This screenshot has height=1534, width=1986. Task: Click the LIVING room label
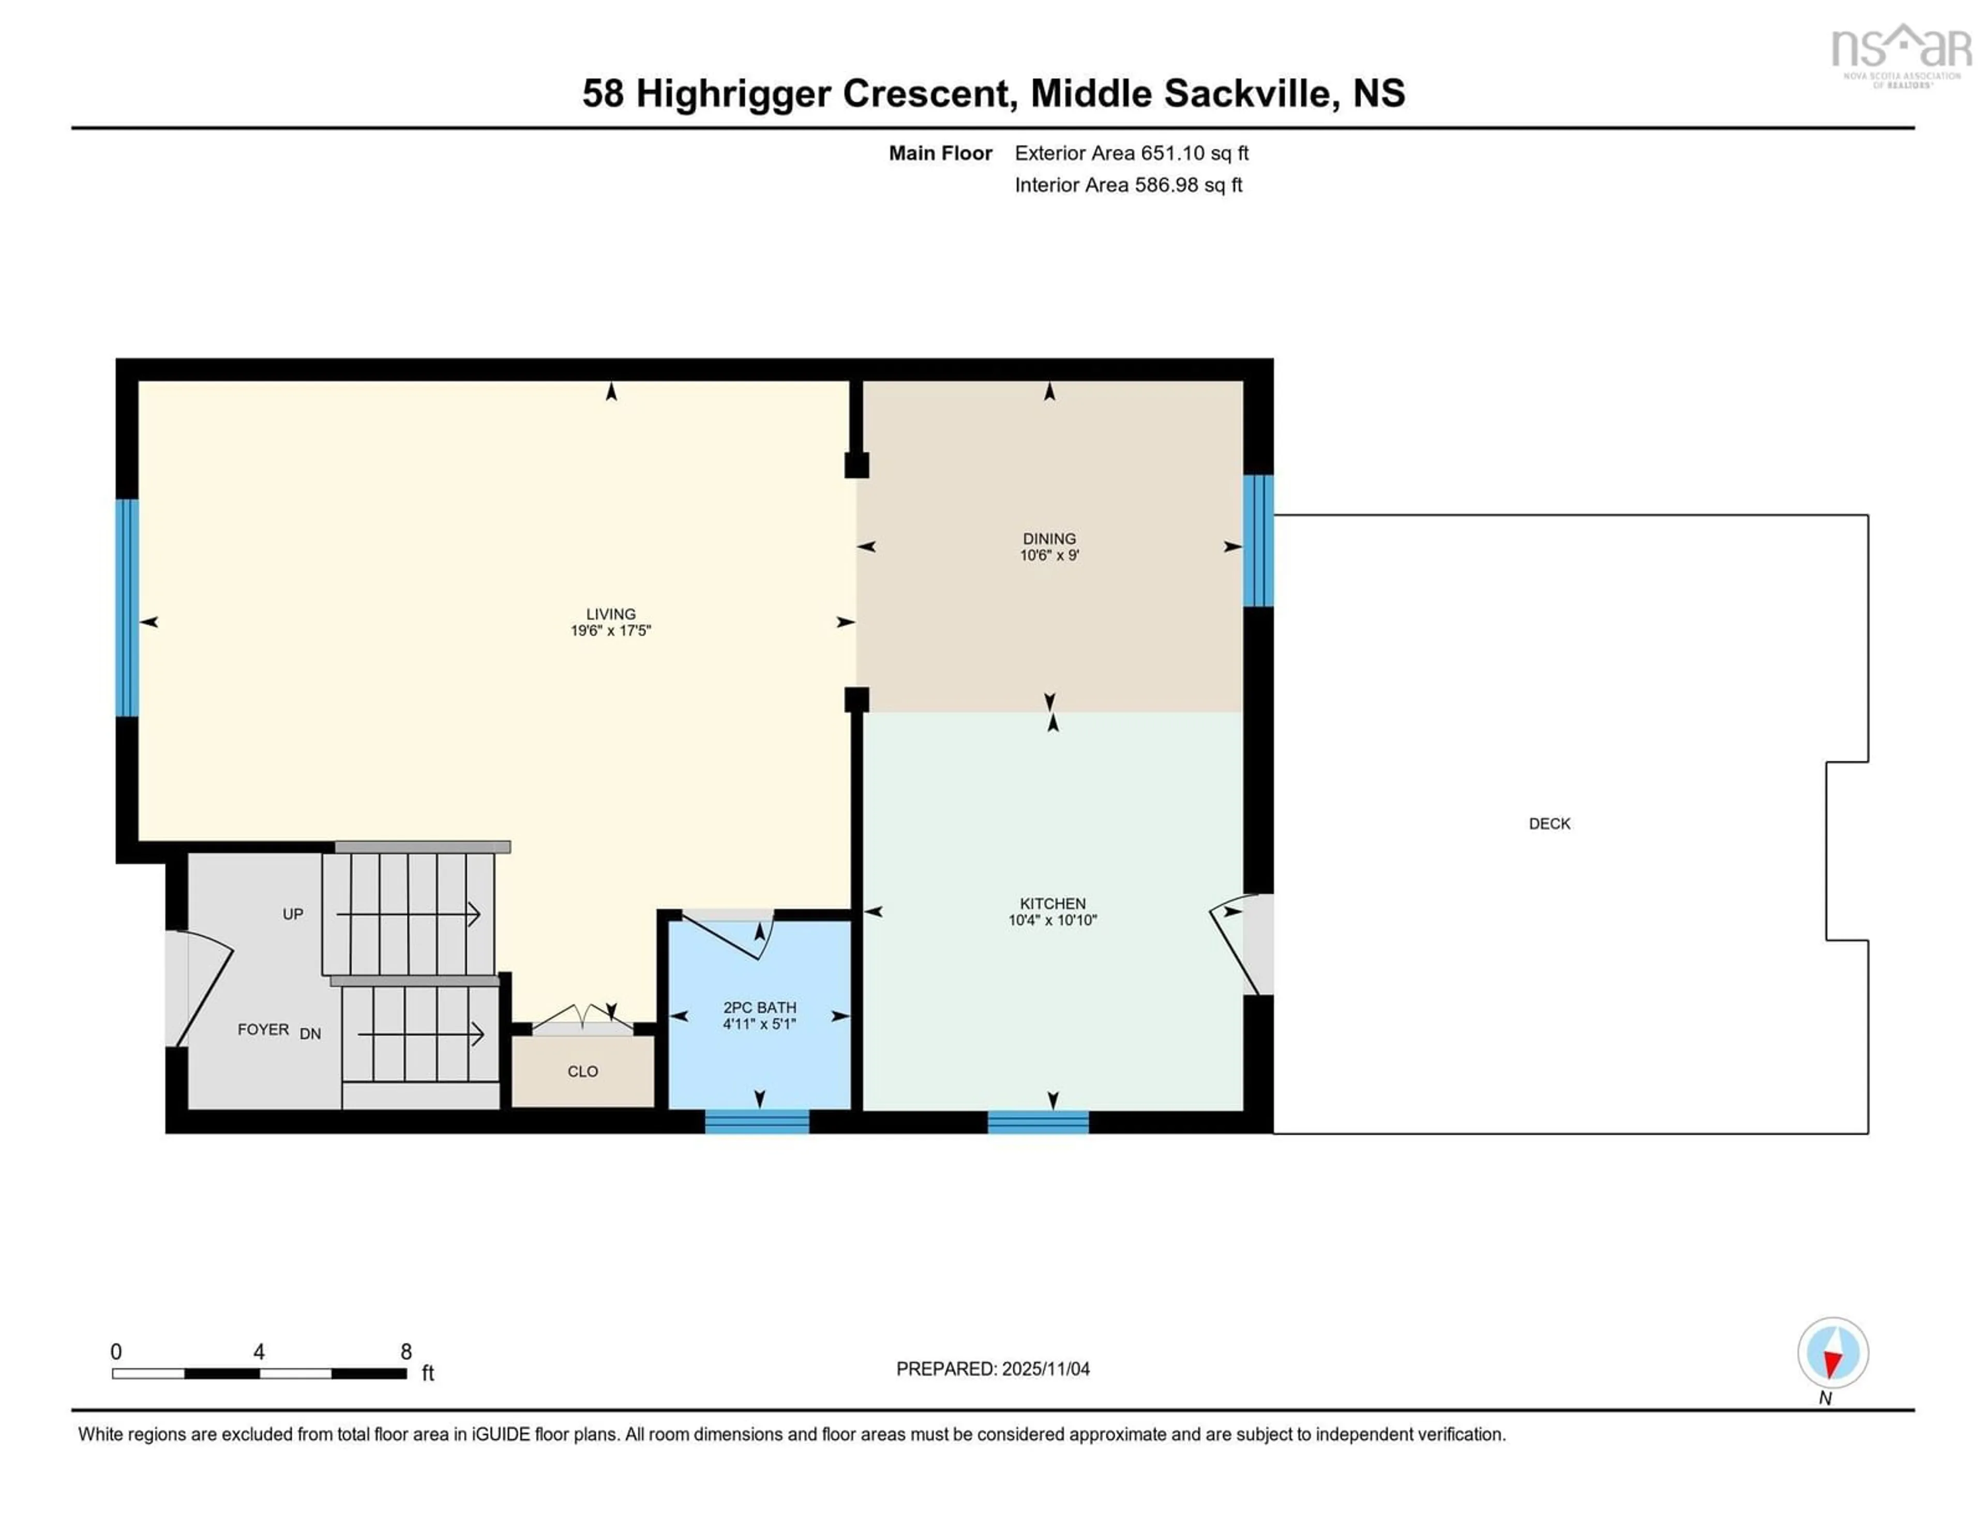tap(610, 614)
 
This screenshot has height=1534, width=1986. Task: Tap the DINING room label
tap(1048, 538)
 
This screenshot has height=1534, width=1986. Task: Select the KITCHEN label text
tap(1052, 903)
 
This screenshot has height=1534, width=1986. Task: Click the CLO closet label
tap(583, 1071)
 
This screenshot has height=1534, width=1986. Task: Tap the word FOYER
tap(263, 1029)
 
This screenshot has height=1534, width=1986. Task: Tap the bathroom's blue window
tap(757, 1121)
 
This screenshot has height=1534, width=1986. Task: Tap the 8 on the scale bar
tap(405, 1352)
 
